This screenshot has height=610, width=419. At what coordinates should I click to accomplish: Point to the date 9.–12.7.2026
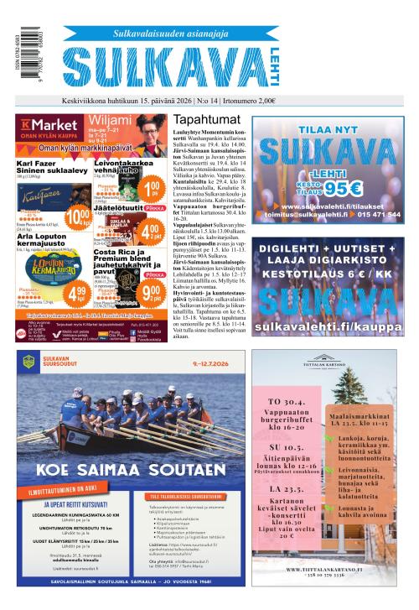tap(202, 363)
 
